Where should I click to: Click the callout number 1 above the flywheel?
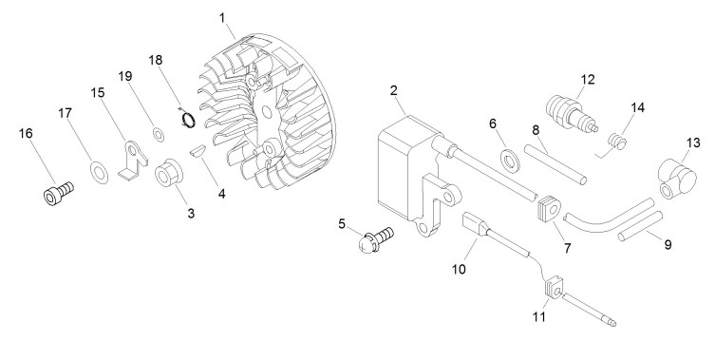(222, 18)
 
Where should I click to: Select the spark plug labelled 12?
(572, 113)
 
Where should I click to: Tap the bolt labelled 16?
(59, 193)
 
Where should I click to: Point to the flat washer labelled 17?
(99, 172)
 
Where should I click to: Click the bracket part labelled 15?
(133, 160)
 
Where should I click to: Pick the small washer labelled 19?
(159, 135)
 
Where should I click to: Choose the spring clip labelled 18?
(186, 119)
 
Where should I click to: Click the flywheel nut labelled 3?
(168, 173)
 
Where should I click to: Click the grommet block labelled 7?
(550, 209)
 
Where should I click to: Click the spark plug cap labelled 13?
(676, 179)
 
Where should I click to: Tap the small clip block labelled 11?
(554, 288)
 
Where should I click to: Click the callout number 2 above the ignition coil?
(394, 90)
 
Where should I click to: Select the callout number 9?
(668, 244)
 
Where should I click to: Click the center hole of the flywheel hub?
(267, 112)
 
